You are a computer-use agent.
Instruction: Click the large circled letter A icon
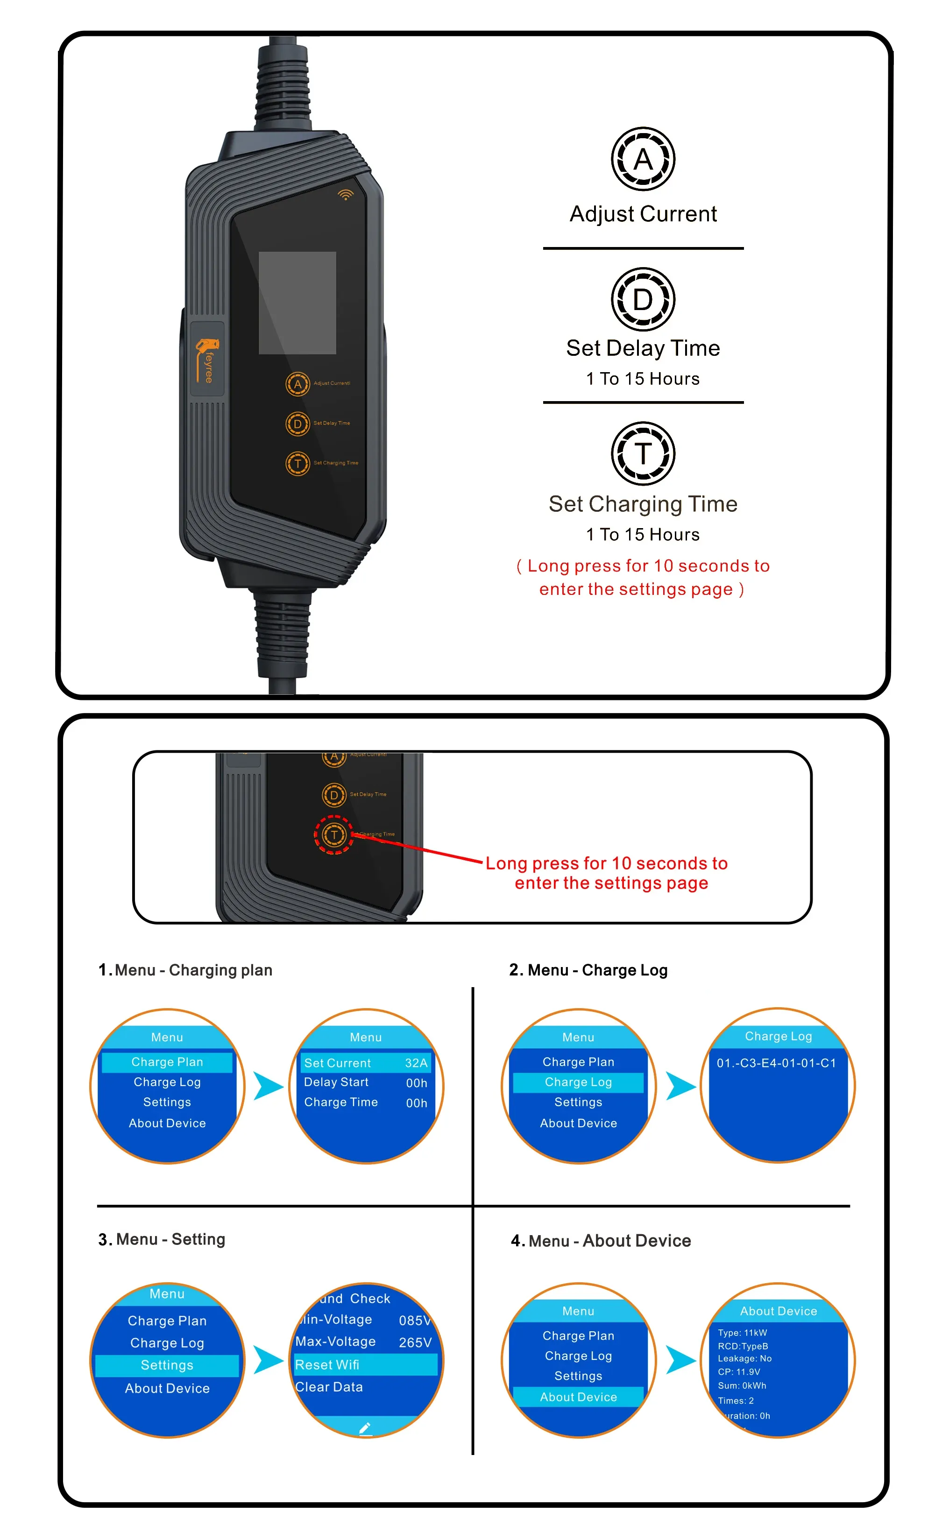643,159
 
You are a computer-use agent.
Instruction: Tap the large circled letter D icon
643,299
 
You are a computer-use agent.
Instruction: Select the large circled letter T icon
643,453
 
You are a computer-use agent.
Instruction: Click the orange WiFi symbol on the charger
345,195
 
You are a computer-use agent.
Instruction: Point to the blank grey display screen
297,303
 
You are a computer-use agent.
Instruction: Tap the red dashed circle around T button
334,834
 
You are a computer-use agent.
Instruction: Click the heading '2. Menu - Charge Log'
588,970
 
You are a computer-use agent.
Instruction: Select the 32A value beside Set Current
416,1063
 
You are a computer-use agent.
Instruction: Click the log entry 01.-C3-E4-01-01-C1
776,1063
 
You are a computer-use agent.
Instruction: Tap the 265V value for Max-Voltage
415,1342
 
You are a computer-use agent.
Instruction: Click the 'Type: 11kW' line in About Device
743,1333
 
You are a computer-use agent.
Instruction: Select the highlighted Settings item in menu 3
167,1365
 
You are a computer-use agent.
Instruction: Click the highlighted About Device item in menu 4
578,1397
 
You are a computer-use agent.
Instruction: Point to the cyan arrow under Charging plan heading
269,1086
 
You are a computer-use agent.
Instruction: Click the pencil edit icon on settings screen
365,1429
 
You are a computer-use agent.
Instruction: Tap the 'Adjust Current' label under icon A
643,214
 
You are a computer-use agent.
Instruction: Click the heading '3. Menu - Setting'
162,1239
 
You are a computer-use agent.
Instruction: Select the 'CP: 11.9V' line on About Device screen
739,1372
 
